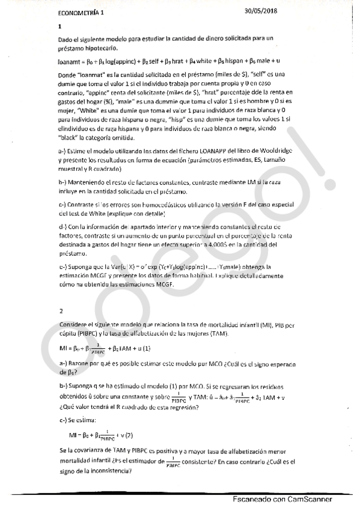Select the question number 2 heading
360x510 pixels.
click(61, 311)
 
